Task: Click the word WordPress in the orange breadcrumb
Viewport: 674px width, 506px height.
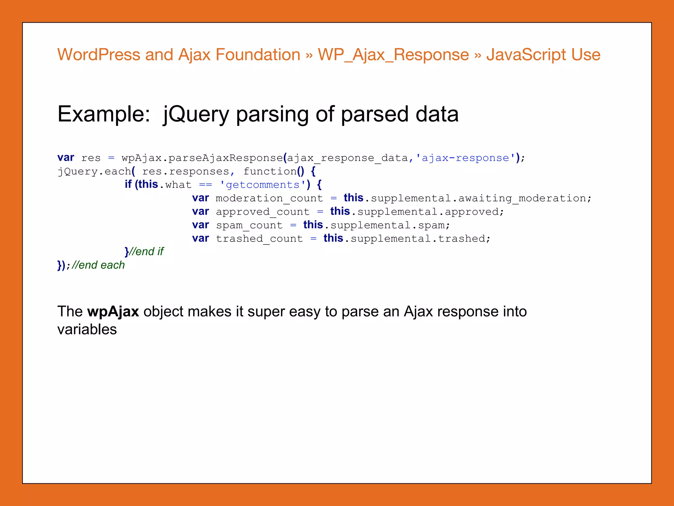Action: (x=99, y=55)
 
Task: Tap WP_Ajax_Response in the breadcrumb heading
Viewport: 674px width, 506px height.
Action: (x=393, y=55)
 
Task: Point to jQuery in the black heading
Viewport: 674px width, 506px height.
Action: (x=196, y=114)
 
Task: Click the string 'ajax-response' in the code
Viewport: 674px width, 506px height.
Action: (x=465, y=158)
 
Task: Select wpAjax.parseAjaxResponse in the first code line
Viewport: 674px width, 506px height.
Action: (x=202, y=158)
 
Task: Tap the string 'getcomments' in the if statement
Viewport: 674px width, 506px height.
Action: (x=263, y=185)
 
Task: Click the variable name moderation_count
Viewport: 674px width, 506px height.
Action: (x=269, y=198)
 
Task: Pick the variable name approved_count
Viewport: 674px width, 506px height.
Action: (x=263, y=212)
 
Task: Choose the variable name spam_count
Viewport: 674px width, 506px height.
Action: (x=249, y=225)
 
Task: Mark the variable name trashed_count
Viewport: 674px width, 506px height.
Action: (x=259, y=239)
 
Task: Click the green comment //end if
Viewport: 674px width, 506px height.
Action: (x=146, y=252)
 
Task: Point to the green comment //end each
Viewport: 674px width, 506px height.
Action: (x=98, y=265)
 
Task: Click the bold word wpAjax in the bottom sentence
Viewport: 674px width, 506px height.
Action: (x=113, y=312)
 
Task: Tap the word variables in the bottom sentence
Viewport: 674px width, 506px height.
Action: (x=87, y=329)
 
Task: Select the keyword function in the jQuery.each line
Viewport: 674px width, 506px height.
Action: (x=270, y=171)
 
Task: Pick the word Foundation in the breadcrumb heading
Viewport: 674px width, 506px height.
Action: (x=258, y=55)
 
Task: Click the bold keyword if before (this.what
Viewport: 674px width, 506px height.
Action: (x=128, y=184)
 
